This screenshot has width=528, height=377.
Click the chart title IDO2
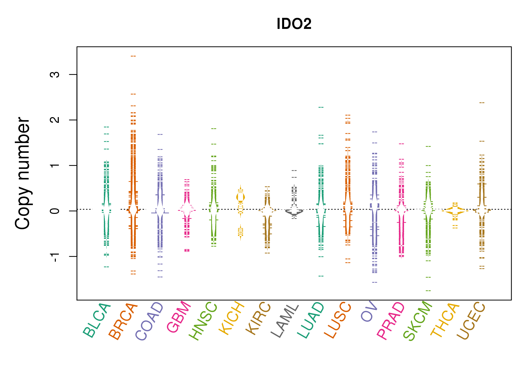294,24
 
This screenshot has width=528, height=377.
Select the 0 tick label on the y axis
55,211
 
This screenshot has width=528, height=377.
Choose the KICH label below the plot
232,318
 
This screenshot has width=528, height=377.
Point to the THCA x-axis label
445,320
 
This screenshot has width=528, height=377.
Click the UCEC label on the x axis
471,321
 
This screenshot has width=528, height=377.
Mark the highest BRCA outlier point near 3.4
133,56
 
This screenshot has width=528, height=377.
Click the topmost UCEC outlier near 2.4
482,103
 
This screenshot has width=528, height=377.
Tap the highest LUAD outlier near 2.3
321,107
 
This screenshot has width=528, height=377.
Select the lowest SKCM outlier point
428,291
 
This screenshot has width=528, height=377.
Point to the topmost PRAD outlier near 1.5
402,144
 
